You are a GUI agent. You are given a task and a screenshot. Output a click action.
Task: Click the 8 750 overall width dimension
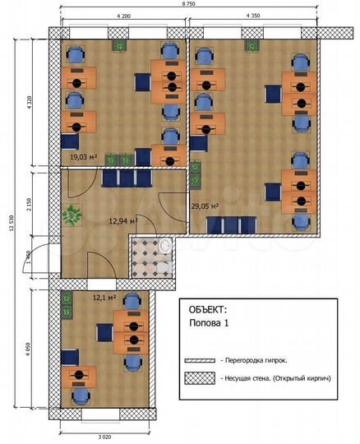pos(187,3)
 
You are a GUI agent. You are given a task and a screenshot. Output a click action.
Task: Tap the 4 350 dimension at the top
pos(252,16)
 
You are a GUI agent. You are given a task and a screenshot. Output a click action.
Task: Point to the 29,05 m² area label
pos(205,207)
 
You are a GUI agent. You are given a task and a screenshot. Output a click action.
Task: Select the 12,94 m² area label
pos(122,221)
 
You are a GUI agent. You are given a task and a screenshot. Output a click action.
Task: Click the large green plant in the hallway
pos(74,215)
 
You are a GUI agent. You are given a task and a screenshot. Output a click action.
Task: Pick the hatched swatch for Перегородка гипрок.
pos(199,360)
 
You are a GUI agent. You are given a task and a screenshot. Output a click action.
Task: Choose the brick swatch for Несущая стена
pos(199,378)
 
